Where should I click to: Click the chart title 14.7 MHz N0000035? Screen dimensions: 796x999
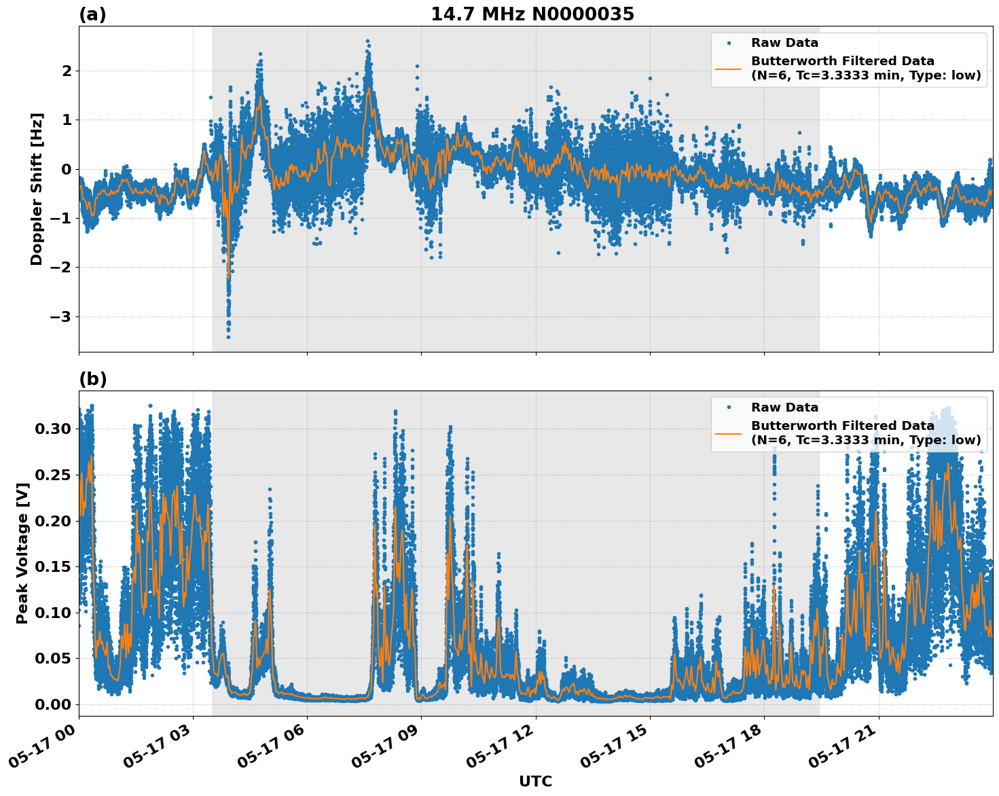tap(532, 14)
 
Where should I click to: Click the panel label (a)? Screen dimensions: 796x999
tap(92, 14)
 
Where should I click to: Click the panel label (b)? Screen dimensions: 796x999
tap(92, 379)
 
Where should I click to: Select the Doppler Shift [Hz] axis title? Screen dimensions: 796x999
tap(37, 189)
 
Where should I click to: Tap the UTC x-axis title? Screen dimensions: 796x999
tap(535, 781)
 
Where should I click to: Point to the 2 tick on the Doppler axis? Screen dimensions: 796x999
tap(67, 71)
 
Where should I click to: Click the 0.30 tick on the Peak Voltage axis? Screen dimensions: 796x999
tap(52, 429)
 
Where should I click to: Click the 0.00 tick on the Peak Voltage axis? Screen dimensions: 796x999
tap(52, 704)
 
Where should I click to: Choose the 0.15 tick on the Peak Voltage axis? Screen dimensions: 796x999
tap(52, 566)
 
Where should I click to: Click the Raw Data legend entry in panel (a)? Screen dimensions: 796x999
tap(784, 43)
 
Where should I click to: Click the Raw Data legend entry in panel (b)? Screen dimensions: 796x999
tap(784, 408)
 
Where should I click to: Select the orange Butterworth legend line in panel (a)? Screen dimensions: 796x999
tap(729, 69)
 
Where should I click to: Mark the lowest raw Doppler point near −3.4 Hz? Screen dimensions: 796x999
tap(228, 337)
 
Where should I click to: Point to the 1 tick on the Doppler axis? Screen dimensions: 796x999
tap(67, 120)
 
